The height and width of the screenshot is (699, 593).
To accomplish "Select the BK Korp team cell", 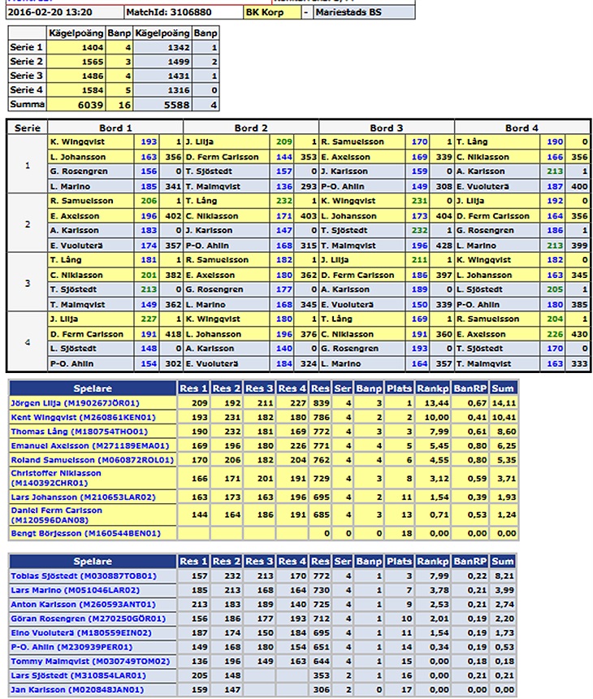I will pos(268,13).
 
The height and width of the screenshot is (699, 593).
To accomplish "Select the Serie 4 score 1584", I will pos(90,90).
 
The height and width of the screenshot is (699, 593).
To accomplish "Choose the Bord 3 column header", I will pos(387,128).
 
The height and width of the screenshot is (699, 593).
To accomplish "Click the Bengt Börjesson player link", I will pos(84,533).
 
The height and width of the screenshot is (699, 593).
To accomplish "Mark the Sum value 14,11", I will pos(503,402).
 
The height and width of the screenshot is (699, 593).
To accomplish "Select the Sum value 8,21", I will pos(504,575).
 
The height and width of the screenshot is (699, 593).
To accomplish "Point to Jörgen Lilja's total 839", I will pos(322,402).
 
